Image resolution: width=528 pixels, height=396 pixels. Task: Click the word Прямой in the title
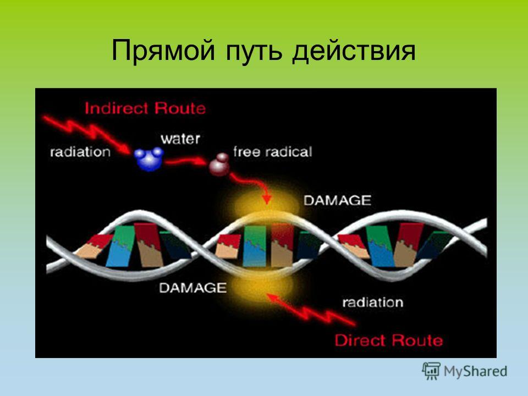coord(163,51)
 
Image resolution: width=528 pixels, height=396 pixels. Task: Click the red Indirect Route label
coord(145,108)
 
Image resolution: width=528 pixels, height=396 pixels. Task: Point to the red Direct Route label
coord(389,340)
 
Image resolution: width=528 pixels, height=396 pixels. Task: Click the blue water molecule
coord(148,158)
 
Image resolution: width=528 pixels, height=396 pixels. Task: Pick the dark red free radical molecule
coord(220,164)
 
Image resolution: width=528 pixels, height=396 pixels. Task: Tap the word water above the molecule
coord(180,139)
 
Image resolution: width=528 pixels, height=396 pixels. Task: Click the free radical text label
coord(273,152)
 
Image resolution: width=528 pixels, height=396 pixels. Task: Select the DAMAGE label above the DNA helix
coord(337,200)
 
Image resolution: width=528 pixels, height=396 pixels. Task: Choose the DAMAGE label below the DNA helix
coord(193,288)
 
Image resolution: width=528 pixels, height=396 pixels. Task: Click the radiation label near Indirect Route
coord(80,152)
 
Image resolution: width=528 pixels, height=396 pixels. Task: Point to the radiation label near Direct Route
coord(373,302)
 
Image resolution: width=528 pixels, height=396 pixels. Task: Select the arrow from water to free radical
coord(185,162)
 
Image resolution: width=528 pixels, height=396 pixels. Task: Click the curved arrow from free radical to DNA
coord(252,184)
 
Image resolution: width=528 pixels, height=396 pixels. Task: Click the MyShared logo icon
coord(431,371)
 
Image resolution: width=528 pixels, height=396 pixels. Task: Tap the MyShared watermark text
coord(475,371)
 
